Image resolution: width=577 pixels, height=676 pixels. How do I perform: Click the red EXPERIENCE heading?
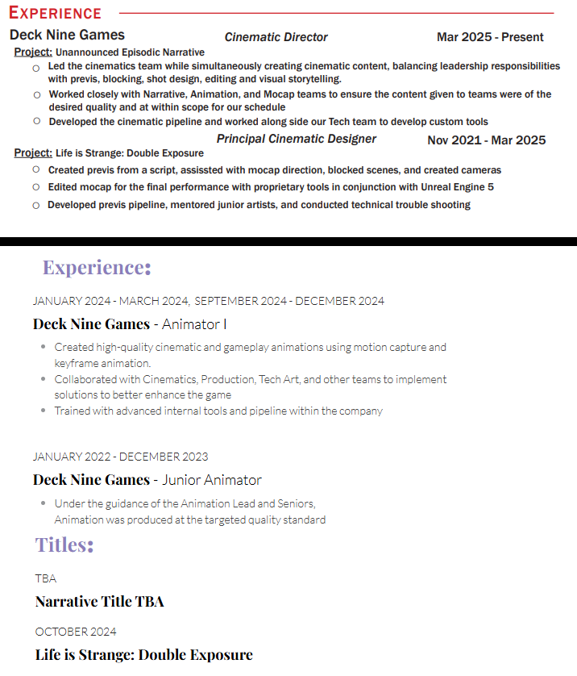[55, 14]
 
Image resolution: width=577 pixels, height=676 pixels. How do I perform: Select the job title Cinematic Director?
[276, 37]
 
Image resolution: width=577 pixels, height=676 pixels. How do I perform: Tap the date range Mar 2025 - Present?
[490, 37]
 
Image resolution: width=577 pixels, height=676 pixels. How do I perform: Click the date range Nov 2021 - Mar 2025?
[486, 140]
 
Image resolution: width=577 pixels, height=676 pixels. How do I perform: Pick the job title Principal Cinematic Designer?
[296, 139]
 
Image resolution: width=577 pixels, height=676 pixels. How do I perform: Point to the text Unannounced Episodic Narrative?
[130, 52]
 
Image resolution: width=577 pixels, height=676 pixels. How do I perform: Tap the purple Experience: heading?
[97, 267]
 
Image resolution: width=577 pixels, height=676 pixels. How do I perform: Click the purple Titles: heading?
[64, 545]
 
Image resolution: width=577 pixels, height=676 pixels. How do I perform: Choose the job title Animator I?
[194, 324]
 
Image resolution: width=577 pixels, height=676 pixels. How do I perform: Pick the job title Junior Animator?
[212, 480]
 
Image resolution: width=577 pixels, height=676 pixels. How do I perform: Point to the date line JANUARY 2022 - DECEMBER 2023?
[120, 457]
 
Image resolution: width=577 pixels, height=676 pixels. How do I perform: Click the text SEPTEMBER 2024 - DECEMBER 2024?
[289, 301]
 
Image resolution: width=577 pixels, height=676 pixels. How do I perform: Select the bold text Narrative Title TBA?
[100, 602]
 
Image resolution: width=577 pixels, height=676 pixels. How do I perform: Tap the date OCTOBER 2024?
[76, 632]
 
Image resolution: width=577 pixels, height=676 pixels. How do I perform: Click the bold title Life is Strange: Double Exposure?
[144, 655]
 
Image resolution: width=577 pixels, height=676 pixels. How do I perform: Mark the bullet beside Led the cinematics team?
[36, 69]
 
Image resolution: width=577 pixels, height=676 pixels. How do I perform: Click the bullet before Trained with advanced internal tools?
[44, 411]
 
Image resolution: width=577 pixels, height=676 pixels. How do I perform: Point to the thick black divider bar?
[288, 241]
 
